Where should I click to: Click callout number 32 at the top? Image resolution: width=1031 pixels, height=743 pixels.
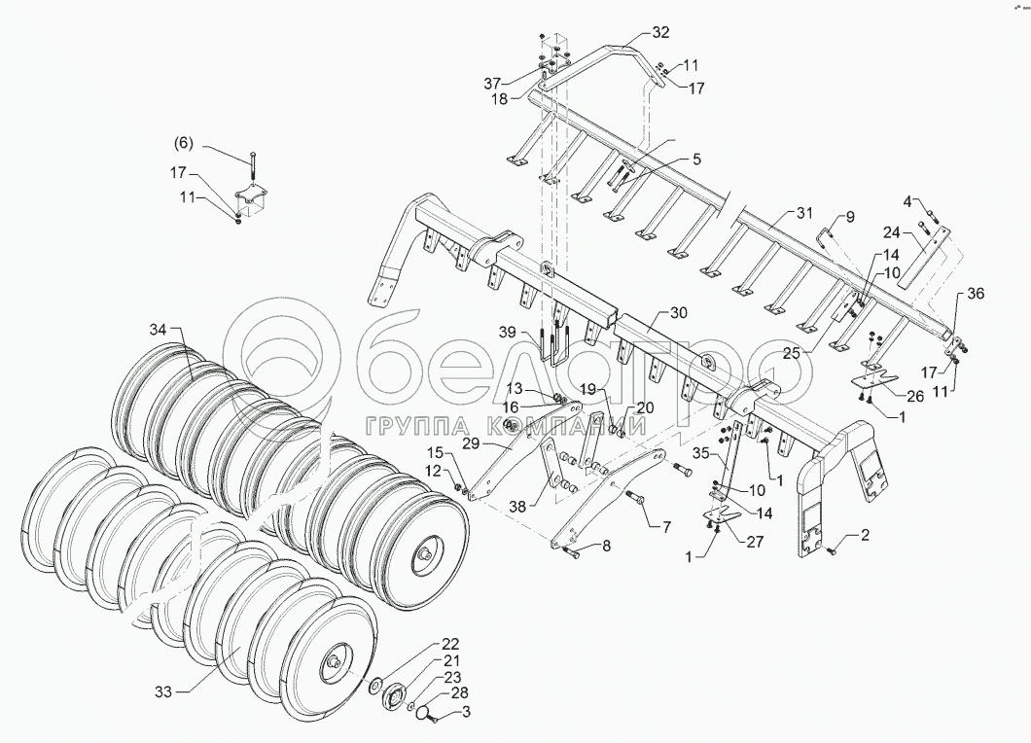click(661, 32)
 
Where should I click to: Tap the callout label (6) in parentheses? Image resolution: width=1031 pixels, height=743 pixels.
click(185, 143)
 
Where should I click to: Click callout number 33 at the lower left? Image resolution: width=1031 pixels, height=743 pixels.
click(163, 691)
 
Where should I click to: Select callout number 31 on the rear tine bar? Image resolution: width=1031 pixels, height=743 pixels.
click(804, 213)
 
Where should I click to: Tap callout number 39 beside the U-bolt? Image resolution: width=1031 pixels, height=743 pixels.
click(508, 333)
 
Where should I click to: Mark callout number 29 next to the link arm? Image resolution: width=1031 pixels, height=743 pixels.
click(471, 442)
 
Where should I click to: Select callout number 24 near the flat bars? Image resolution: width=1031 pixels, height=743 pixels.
click(892, 232)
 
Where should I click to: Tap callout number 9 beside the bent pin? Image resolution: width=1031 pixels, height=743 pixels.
click(849, 216)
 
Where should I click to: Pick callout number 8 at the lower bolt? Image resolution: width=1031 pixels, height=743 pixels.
click(606, 547)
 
